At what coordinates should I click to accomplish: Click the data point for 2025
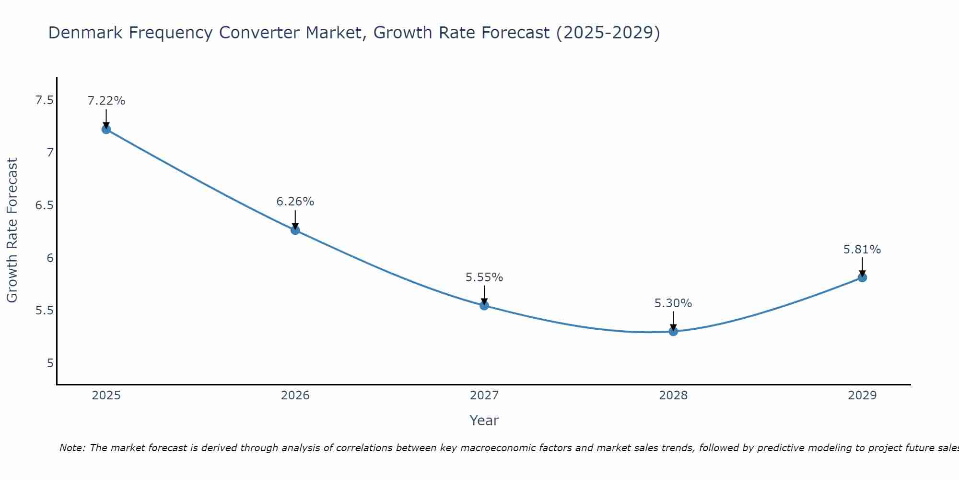tap(106, 129)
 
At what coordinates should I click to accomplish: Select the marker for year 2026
tap(295, 230)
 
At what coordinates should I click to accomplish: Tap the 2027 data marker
tap(484, 305)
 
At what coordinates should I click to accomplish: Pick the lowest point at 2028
tap(673, 331)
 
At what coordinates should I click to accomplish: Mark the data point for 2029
tap(862, 277)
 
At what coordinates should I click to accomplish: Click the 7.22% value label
tap(106, 101)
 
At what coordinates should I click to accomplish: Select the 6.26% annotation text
tap(295, 202)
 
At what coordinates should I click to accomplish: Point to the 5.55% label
tap(484, 277)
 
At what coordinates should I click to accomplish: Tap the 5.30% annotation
tap(673, 303)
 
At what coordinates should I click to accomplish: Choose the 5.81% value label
tap(862, 250)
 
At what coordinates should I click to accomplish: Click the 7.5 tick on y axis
tap(44, 100)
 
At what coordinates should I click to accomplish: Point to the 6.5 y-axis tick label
tap(44, 205)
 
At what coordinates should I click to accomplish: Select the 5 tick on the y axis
tap(50, 363)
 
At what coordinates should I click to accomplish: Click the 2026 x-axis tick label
tap(295, 396)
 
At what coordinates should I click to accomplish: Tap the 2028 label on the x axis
tap(673, 396)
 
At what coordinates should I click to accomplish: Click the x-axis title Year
tap(484, 420)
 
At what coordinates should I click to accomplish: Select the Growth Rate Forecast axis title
tap(12, 230)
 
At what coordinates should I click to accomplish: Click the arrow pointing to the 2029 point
tap(862, 266)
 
